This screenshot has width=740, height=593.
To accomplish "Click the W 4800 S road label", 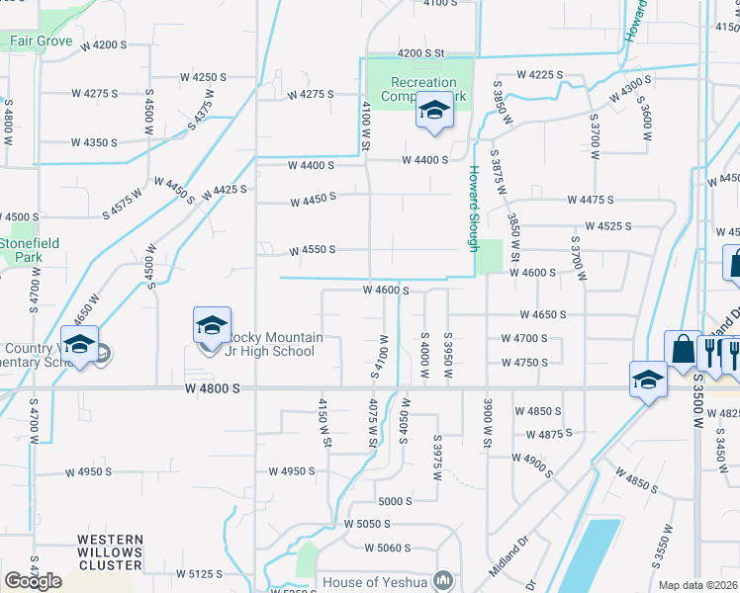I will [212, 390].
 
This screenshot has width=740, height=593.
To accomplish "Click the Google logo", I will [33, 581].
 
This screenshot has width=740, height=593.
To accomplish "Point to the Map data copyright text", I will [698, 585].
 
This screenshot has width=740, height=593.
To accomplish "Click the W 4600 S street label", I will [386, 291].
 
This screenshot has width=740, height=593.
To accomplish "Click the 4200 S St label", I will [422, 53].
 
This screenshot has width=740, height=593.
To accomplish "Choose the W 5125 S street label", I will [200, 573].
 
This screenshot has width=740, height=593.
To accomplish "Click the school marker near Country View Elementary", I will [79, 346].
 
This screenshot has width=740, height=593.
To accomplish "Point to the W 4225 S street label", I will [539, 75].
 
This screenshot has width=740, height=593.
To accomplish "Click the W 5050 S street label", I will [368, 523].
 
